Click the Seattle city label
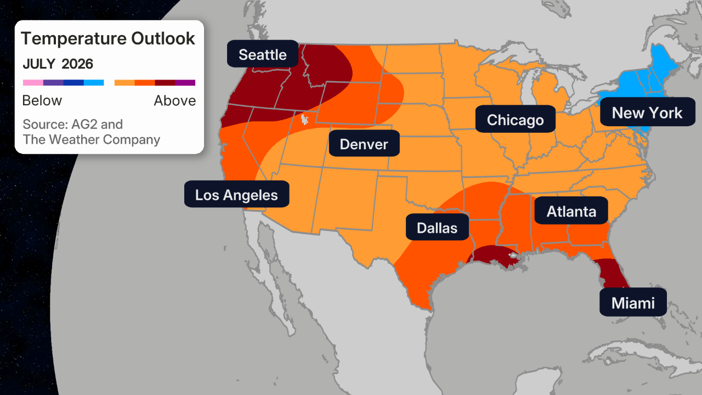[x=263, y=54]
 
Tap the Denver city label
[x=364, y=144]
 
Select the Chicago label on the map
[x=515, y=120]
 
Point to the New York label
[x=647, y=113]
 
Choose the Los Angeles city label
[x=236, y=195]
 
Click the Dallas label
[x=437, y=228]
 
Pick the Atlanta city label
[x=571, y=211]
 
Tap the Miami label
[x=632, y=303]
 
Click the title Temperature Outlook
[x=108, y=38]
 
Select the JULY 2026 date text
[x=58, y=64]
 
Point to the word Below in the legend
[x=42, y=101]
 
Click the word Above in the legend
[x=174, y=101]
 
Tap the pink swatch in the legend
[x=32, y=83]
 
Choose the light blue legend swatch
[x=94, y=83]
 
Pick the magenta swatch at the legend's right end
[x=185, y=83]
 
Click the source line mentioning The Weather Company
[x=92, y=139]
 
